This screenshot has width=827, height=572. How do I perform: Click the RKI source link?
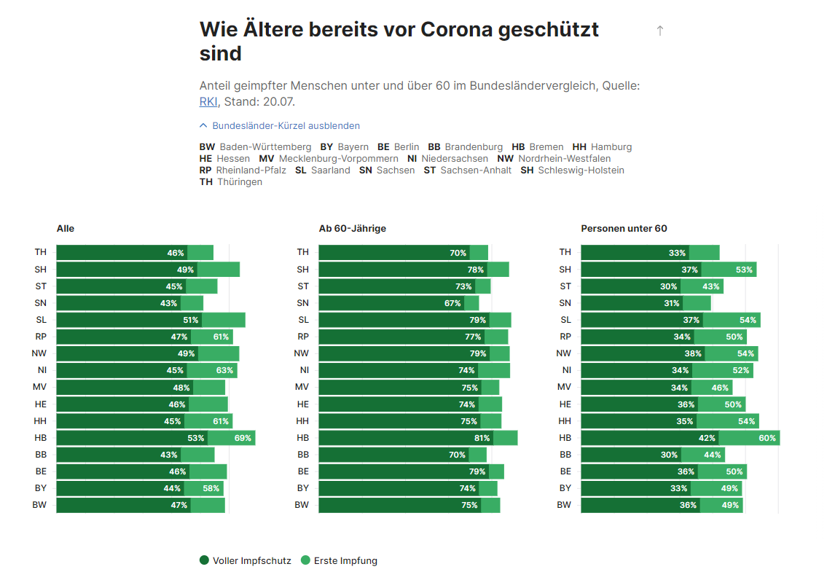tap(208, 101)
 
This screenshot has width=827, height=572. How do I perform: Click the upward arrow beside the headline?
tap(660, 31)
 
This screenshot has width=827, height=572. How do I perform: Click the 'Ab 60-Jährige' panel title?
tap(353, 229)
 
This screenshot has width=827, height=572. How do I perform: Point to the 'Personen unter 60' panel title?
tap(624, 229)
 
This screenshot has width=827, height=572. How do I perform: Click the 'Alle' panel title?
tap(66, 229)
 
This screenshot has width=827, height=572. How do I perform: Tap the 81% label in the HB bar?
tap(482, 438)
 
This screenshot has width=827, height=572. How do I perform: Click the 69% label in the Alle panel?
tap(243, 438)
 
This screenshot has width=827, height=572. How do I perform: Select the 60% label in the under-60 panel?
tap(767, 438)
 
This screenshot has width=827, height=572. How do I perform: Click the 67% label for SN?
tap(452, 303)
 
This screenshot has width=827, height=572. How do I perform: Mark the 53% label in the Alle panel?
tap(196, 438)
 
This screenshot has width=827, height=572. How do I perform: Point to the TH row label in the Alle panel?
tap(40, 253)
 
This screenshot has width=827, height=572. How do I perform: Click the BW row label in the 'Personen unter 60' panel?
tap(564, 505)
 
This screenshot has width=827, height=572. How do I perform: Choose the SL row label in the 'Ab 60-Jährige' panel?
tap(303, 320)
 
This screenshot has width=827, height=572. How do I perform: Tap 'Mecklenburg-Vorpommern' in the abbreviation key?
tap(338, 158)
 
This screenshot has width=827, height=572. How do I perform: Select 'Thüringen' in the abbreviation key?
tap(240, 181)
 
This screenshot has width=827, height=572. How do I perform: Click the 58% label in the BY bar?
tap(211, 488)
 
